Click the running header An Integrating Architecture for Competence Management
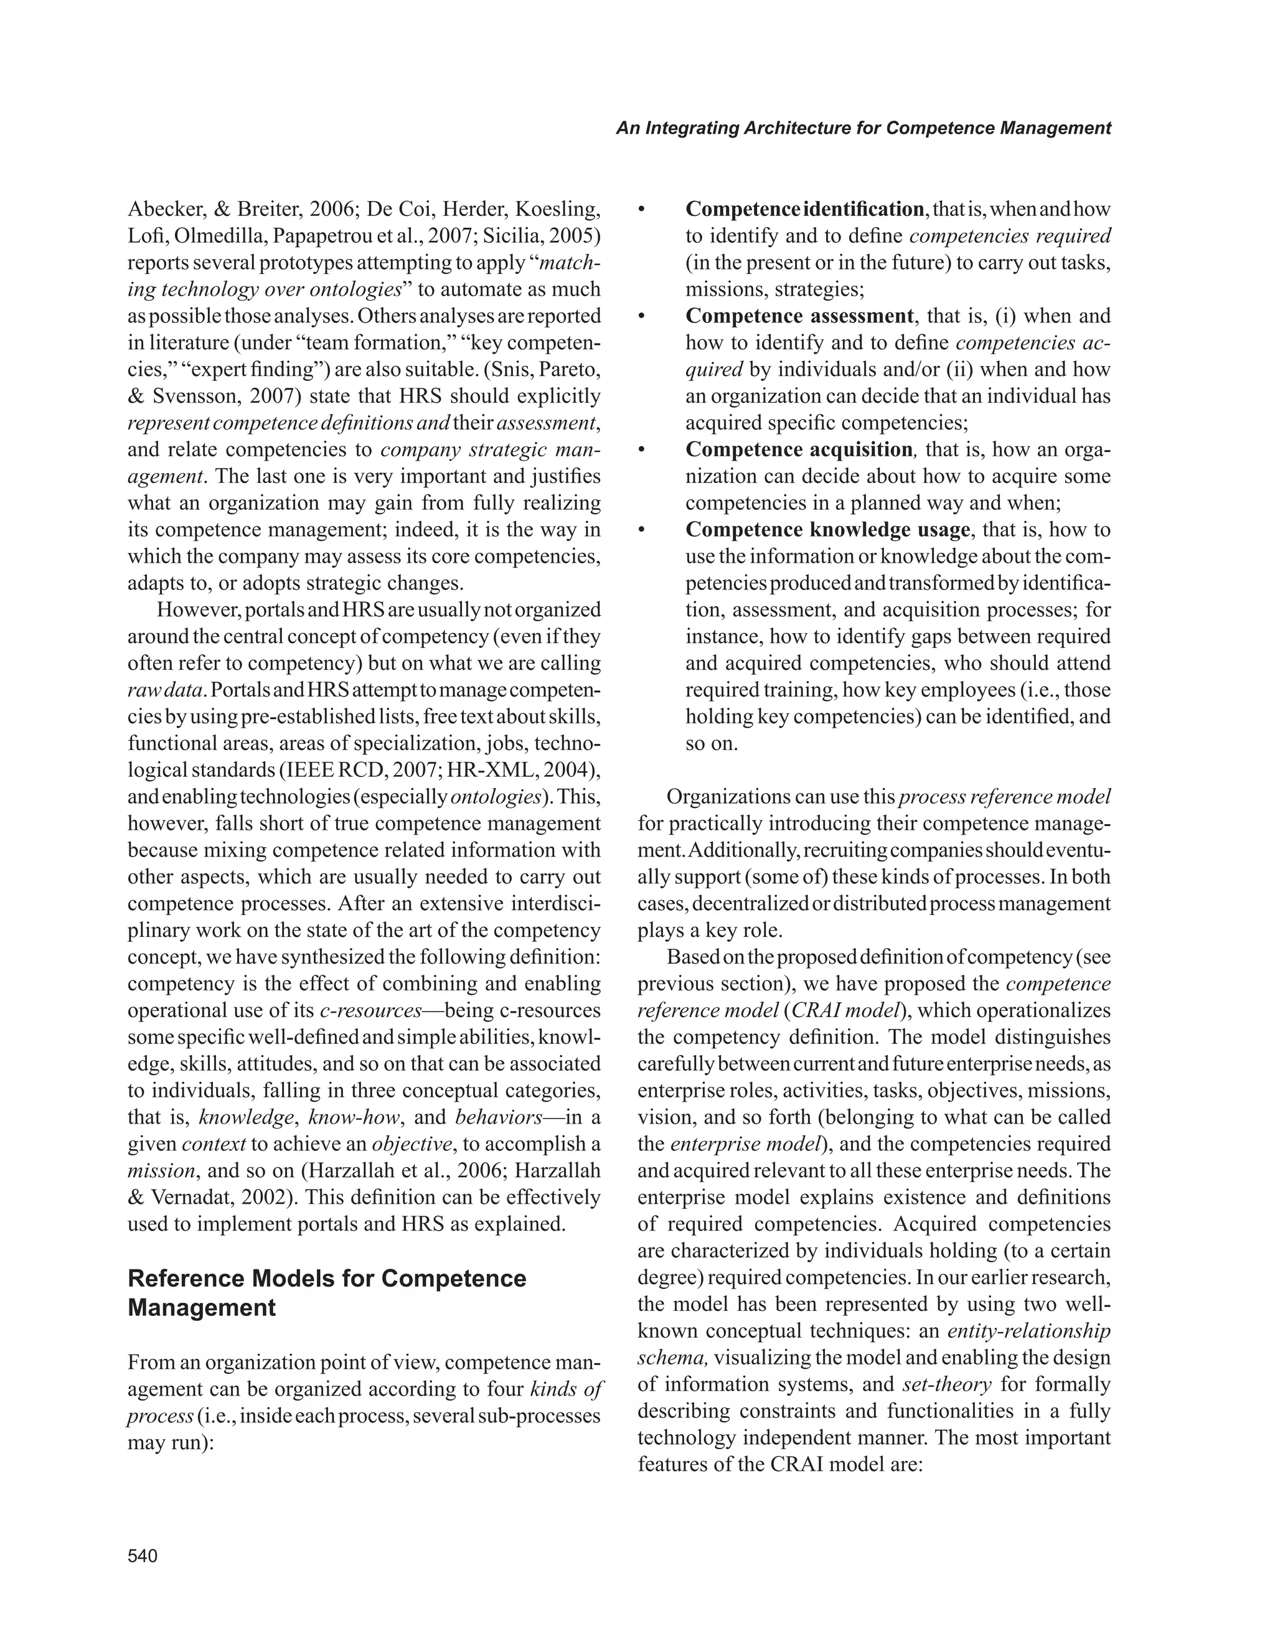(x=863, y=128)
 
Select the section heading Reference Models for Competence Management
(x=327, y=1292)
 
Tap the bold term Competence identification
(x=804, y=209)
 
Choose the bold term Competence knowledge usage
(x=828, y=529)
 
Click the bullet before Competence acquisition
(x=642, y=450)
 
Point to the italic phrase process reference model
(x=1004, y=796)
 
